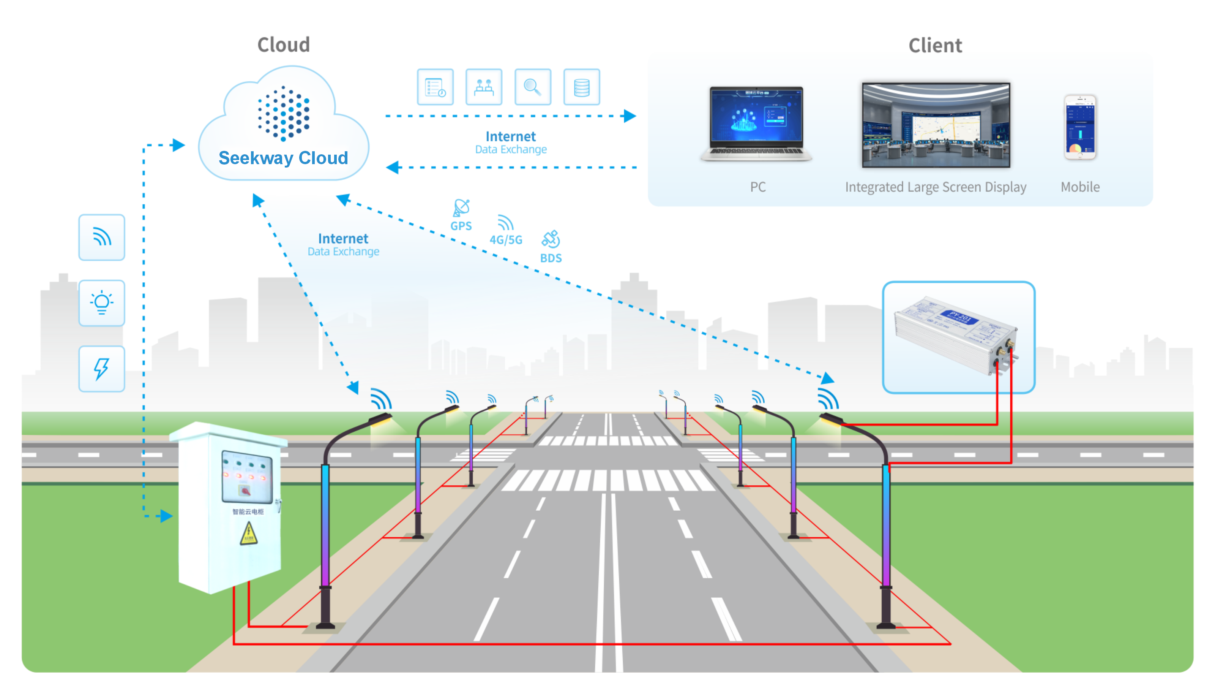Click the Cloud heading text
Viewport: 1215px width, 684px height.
[284, 45]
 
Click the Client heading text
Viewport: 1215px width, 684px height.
[935, 45]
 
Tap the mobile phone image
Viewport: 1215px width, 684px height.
[1079, 127]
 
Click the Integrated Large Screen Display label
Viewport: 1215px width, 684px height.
[935, 187]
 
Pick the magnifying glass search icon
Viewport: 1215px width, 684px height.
[532, 87]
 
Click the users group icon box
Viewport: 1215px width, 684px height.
[483, 87]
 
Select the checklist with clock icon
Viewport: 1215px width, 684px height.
[435, 87]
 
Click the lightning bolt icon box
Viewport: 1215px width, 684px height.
[101, 369]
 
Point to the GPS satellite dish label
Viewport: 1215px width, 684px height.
[461, 226]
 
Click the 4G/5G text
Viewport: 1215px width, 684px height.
[506, 240]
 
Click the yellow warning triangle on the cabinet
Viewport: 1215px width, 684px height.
[248, 534]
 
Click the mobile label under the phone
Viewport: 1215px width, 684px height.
[1079, 187]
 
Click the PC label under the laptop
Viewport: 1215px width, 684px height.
[757, 187]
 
